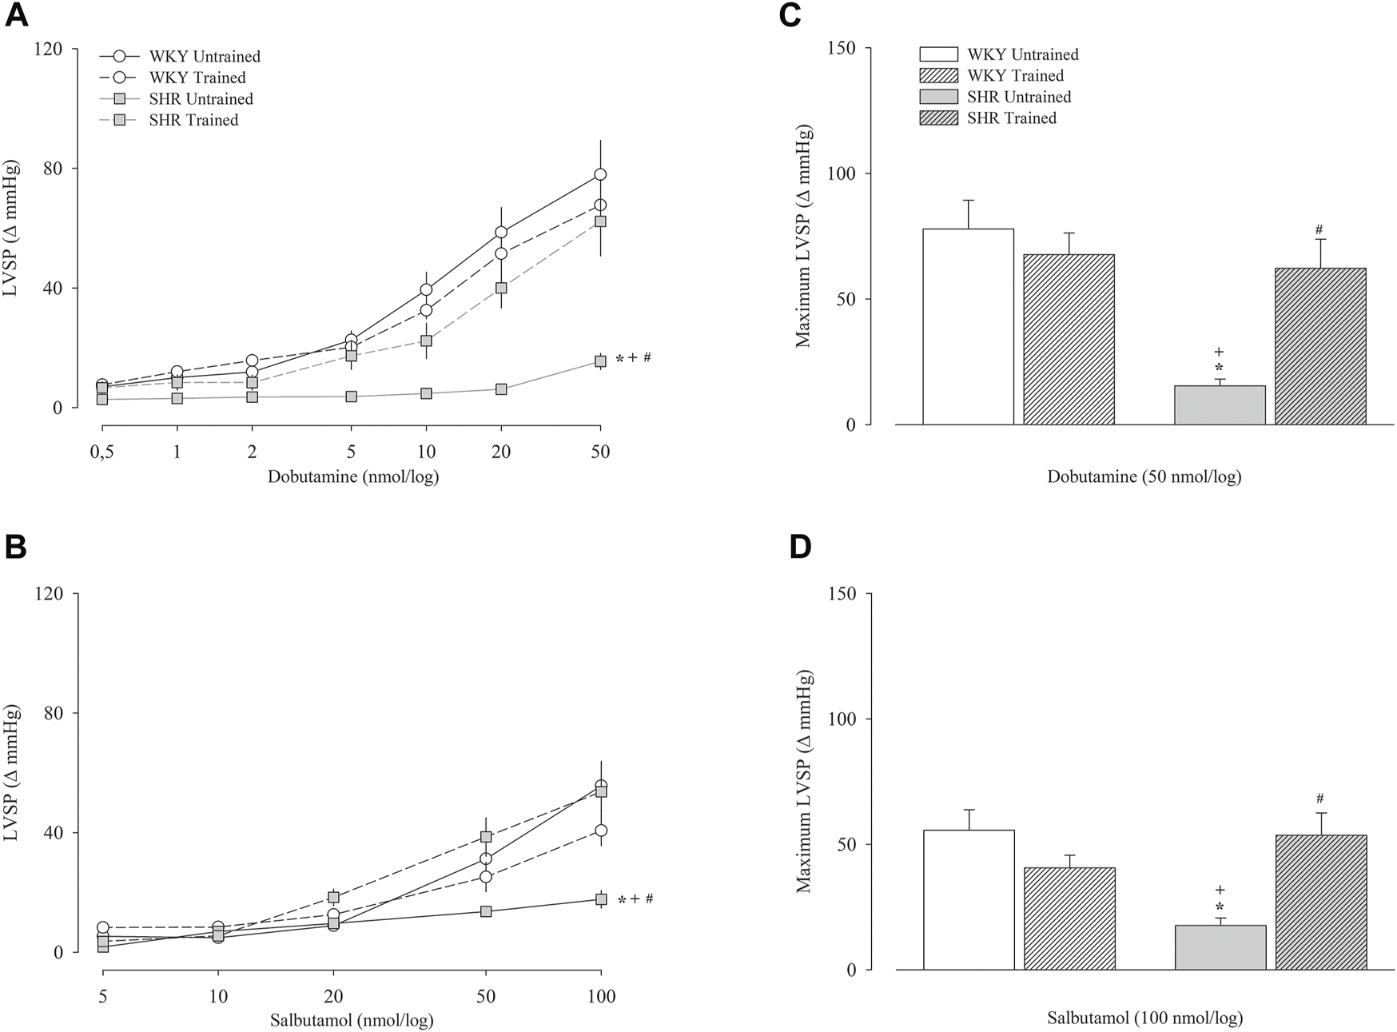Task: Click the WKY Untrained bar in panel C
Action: coord(968,327)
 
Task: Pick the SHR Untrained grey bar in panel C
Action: coord(1220,405)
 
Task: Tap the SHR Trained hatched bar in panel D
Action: coord(1320,903)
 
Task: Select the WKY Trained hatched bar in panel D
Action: coord(1069,918)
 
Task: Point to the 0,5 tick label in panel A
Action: coord(101,452)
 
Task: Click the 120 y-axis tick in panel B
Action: coord(49,593)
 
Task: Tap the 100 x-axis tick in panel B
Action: coord(601,997)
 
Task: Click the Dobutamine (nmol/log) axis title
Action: coord(352,477)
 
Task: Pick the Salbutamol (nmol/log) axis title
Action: coord(352,1021)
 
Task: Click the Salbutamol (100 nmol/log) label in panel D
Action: coord(1144,1018)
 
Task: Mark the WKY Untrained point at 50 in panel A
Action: coord(600,174)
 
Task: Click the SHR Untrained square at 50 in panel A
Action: coord(600,361)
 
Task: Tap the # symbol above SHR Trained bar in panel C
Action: coord(1319,230)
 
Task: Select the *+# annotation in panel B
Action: coord(635,899)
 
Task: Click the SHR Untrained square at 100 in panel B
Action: coord(601,899)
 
